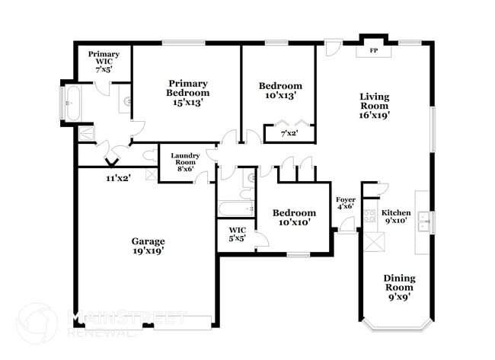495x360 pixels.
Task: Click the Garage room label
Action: (x=148, y=241)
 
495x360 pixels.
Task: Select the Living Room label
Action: (x=375, y=97)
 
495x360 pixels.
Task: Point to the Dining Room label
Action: (x=398, y=279)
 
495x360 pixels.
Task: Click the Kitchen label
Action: (x=396, y=212)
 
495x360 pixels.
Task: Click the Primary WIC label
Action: (x=103, y=55)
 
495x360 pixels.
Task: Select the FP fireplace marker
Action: (x=374, y=50)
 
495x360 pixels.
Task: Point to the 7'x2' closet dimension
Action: (x=289, y=134)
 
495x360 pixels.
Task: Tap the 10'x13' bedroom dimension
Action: (x=279, y=96)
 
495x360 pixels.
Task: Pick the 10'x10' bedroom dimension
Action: (x=295, y=223)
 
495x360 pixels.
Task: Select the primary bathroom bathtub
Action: (x=72, y=103)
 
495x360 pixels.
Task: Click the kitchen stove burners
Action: (x=371, y=215)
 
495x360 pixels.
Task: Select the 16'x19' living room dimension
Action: (x=375, y=116)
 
